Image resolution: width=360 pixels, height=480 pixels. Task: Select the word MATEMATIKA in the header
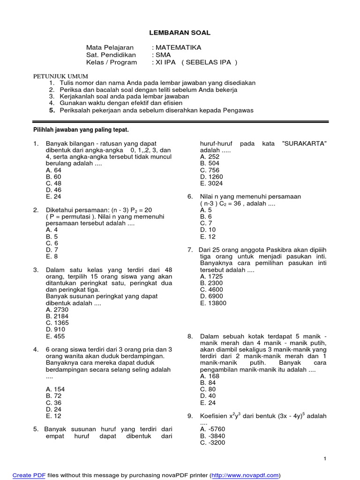pyautogui.click(x=178, y=48)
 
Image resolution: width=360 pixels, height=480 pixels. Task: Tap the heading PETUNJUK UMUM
pyautogui.click(x=60, y=76)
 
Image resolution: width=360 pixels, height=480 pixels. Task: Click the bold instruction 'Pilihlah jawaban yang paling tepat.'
pyautogui.click(x=81, y=129)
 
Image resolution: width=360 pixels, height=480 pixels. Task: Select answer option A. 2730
pyautogui.click(x=55, y=310)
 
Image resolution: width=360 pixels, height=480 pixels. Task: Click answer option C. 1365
pyautogui.click(x=55, y=323)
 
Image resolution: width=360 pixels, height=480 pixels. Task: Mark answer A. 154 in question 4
pyautogui.click(x=55, y=389)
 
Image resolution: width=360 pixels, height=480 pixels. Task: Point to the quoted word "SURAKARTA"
pyautogui.click(x=303, y=143)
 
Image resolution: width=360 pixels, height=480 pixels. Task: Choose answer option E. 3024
pyautogui.click(x=211, y=183)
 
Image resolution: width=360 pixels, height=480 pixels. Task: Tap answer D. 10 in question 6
pyautogui.click(x=208, y=230)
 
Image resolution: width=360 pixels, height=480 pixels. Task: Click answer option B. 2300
pyautogui.click(x=211, y=283)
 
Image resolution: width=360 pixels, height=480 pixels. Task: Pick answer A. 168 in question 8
pyautogui.click(x=210, y=376)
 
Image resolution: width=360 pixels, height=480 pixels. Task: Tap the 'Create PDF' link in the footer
pyautogui.click(x=29, y=475)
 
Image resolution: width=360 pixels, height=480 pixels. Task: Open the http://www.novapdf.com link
pyautogui.click(x=245, y=475)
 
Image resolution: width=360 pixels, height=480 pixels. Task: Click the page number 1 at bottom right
pyautogui.click(x=325, y=458)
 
